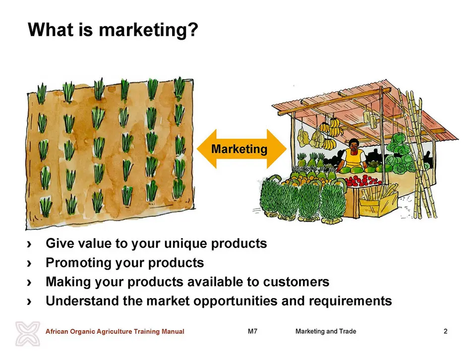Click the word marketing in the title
pos(143,30)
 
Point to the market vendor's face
pos(354,146)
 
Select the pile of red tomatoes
pos(363,180)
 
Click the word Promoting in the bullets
pos(78,263)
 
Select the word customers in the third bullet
pos(296,282)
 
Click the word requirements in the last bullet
pos(351,301)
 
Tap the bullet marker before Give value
pos(29,244)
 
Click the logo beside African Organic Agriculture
pos(28,334)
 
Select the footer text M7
pos(252,331)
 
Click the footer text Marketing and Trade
pos(326,331)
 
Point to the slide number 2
pos(445,331)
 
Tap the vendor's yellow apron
pos(354,159)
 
